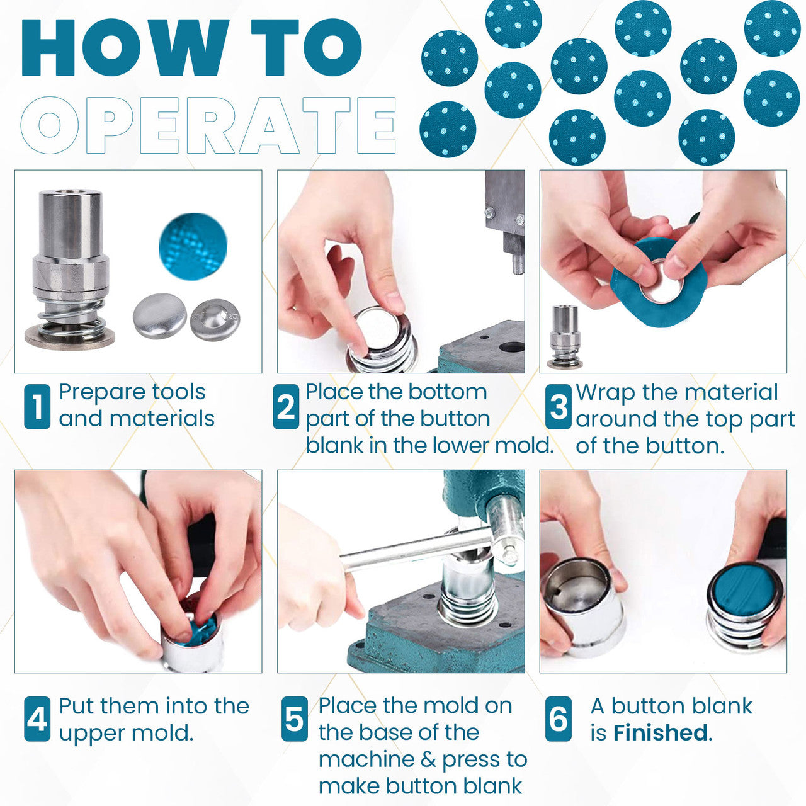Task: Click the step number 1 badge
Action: point(37,407)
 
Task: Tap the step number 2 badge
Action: point(286,407)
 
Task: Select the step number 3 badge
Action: point(558,407)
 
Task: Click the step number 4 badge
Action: point(37,718)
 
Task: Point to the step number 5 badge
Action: point(294,718)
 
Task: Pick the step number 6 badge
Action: point(558,718)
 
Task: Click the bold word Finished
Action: point(661,733)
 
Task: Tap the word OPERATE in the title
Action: point(208,125)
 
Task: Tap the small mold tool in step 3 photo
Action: point(564,337)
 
